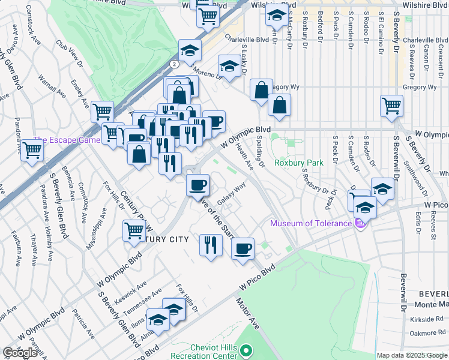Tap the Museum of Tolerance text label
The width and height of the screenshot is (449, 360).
tap(310, 224)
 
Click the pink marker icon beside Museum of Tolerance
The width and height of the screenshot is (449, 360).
tap(360, 224)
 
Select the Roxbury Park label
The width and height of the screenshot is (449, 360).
tap(298, 163)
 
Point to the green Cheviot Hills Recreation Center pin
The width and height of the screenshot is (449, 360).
tap(245, 350)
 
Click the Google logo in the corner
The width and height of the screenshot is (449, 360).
tap(20, 353)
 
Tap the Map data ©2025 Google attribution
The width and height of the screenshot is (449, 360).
tap(412, 355)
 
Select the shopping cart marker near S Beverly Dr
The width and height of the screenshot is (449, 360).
tap(391, 106)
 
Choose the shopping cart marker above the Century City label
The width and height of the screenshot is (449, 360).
tap(134, 230)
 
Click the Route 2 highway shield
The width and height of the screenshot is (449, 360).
tap(174, 64)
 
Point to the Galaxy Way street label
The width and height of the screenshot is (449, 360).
tap(232, 194)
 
